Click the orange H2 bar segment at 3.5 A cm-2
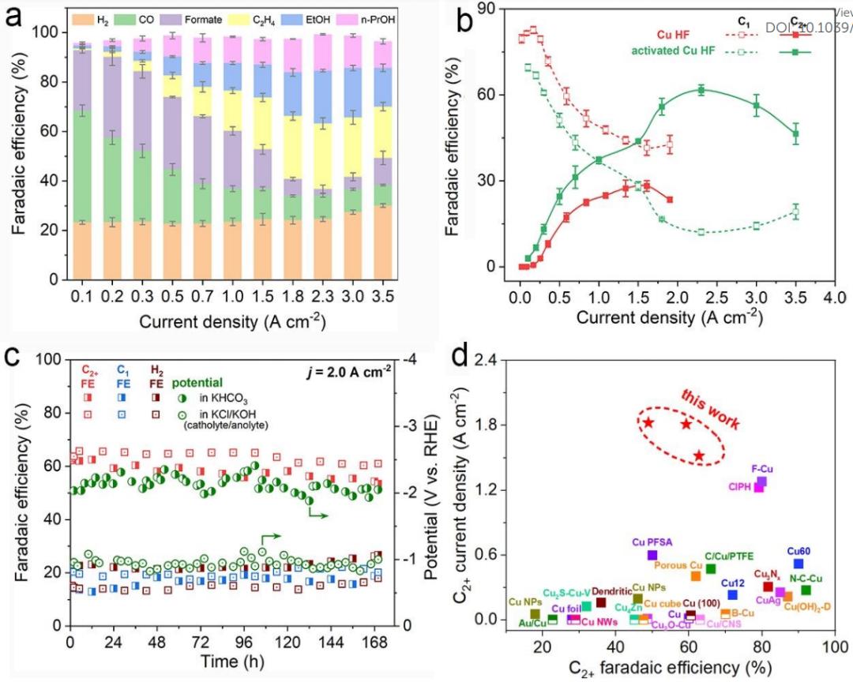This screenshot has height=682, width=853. (x=383, y=253)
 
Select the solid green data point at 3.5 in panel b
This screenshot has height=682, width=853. (x=795, y=133)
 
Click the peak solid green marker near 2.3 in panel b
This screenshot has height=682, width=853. (x=701, y=90)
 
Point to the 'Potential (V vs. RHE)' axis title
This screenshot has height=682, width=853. (x=431, y=493)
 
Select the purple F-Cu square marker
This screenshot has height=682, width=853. (x=761, y=482)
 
